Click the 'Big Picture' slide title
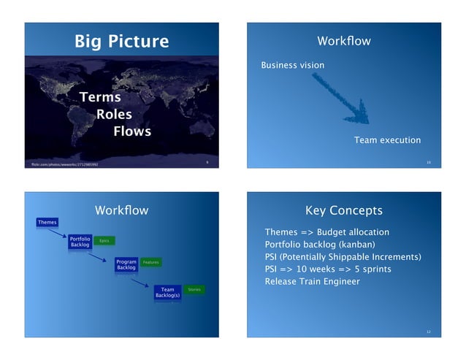tap(121, 41)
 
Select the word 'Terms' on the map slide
tap(100, 97)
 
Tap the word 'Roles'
tap(115, 114)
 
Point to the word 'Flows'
tap(132, 131)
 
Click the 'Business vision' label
tap(292, 66)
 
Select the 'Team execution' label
tap(387, 140)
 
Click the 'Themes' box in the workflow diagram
tap(47, 222)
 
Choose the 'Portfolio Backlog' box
tap(80, 242)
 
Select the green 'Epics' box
tap(104, 241)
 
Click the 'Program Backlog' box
tap(126, 264)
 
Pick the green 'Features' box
tap(150, 262)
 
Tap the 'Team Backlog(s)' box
tap(168, 293)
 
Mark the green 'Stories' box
tap(194, 290)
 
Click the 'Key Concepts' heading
tap(343, 211)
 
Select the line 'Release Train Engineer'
tap(312, 281)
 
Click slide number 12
tap(429, 332)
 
